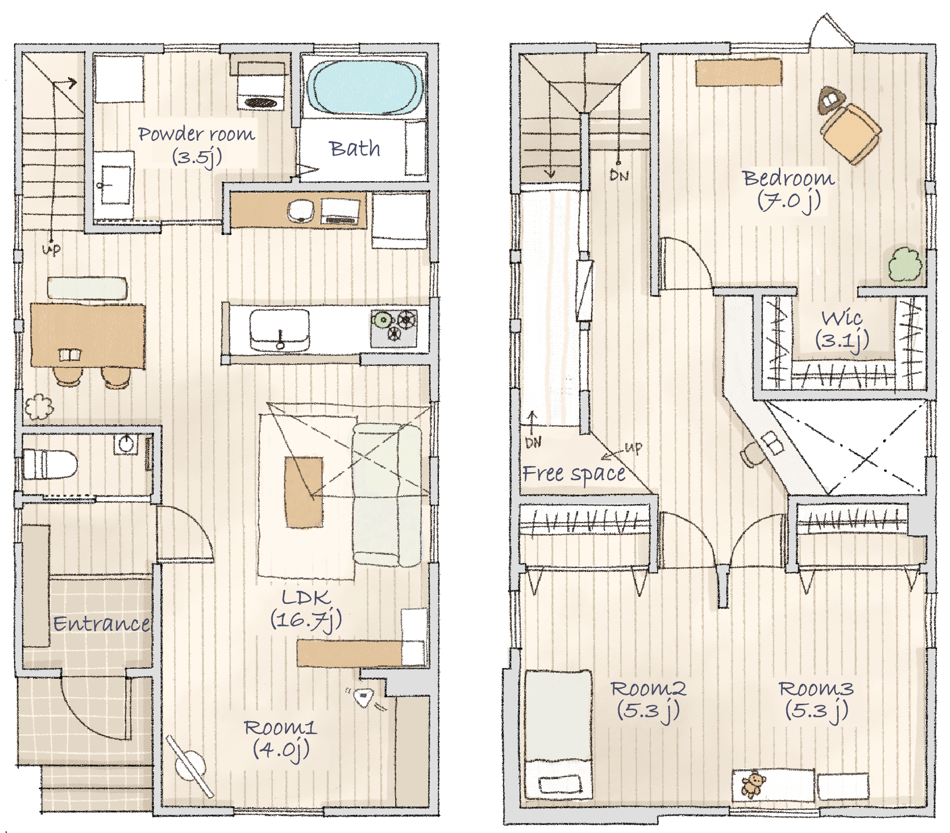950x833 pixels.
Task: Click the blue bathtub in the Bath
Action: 365,88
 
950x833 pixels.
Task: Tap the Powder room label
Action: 197,145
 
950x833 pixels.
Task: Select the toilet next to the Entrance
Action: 49,464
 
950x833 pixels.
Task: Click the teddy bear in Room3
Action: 752,784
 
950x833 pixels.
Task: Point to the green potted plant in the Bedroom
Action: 905,265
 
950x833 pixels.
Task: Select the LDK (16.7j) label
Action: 306,609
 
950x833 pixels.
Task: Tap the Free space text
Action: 574,474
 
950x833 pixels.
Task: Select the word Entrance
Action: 101,623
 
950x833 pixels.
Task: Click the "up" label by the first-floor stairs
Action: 51,248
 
